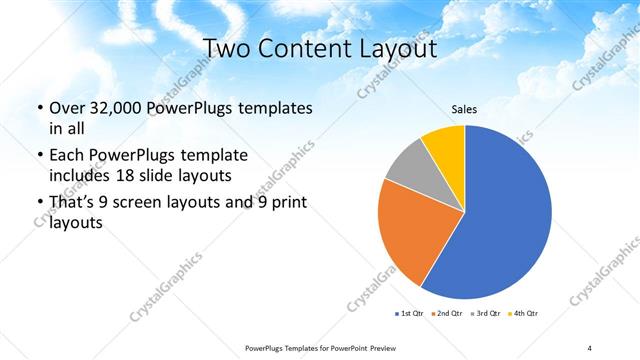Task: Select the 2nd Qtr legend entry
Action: (446, 314)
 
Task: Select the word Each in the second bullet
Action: (67, 155)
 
